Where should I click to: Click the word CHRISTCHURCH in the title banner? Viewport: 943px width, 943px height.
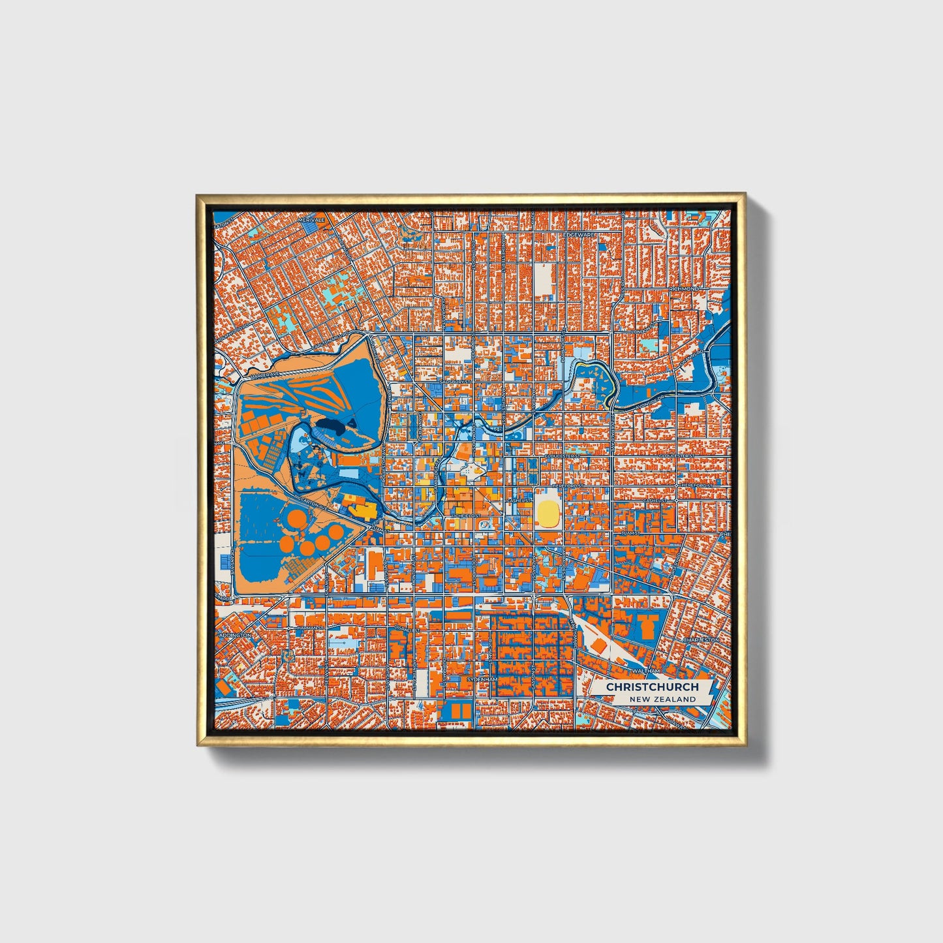pos(652,687)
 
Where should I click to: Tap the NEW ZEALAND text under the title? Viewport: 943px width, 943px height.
pos(662,699)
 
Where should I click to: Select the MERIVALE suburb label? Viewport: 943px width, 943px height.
pos(311,221)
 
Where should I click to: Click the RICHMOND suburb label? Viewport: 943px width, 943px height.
pos(683,288)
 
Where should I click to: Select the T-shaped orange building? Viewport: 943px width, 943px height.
pos(648,625)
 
